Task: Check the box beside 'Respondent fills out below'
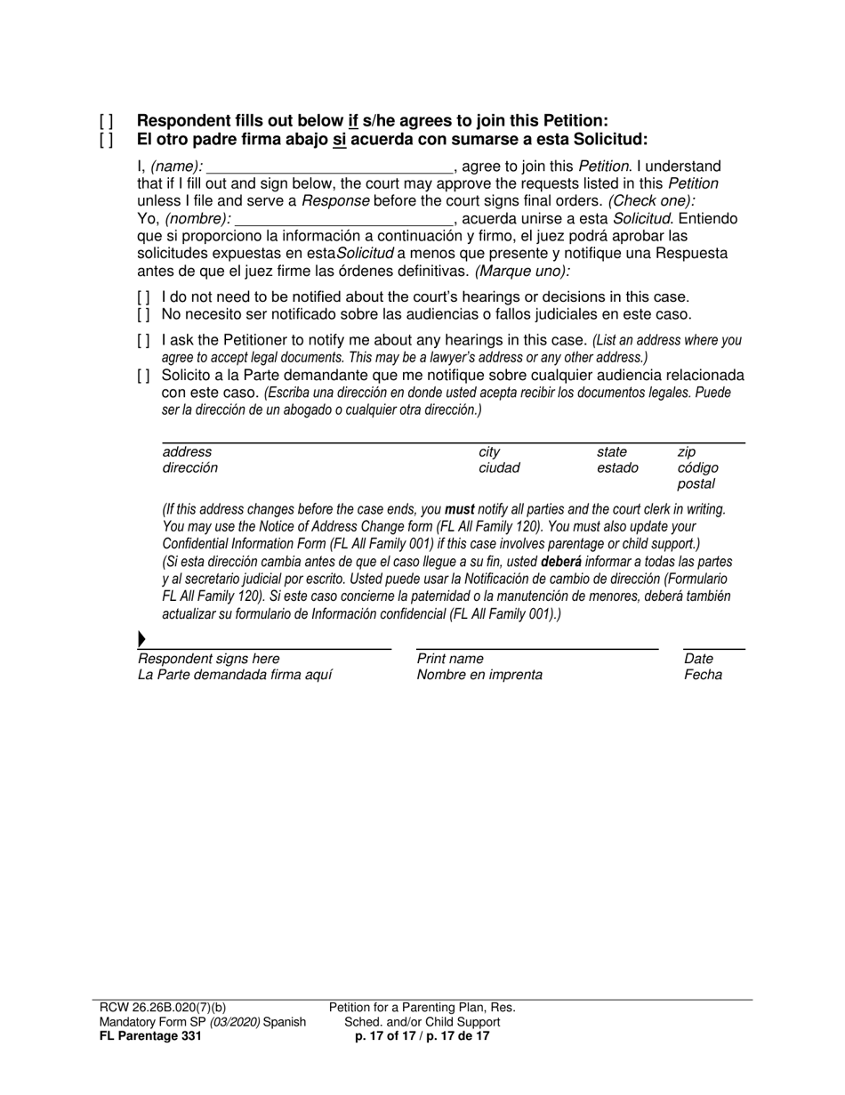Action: point(107,121)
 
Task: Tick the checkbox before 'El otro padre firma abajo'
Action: point(107,140)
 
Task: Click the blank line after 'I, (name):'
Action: point(329,167)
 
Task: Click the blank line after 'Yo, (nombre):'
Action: point(343,219)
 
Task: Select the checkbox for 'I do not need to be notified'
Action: point(144,297)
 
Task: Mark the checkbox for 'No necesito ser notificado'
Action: point(144,314)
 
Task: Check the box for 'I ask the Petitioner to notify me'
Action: point(144,341)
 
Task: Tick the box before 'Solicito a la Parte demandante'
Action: point(144,376)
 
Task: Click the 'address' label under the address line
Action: point(187,452)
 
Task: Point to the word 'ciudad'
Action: point(499,468)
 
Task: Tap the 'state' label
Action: point(611,452)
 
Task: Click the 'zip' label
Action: point(686,452)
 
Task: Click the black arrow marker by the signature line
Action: point(141,639)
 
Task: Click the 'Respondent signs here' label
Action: point(208,659)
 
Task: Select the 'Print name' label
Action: point(450,659)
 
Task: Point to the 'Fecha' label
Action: point(703,675)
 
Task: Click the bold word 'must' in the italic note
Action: point(459,510)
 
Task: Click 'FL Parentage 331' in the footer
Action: point(150,1036)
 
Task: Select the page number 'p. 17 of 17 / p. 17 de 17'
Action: point(422,1036)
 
